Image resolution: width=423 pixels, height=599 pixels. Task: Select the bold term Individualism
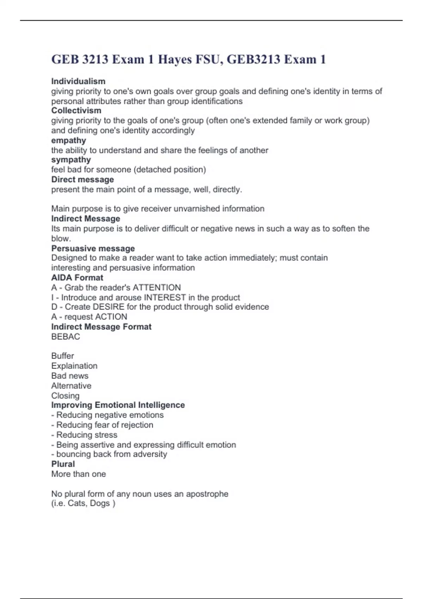[x=78, y=81]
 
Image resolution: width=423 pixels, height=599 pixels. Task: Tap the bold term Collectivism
[x=76, y=111]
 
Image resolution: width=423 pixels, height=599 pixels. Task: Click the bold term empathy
[x=68, y=140]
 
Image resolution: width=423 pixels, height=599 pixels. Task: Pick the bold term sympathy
[x=71, y=160]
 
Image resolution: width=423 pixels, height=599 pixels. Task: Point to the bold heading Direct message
[x=82, y=179]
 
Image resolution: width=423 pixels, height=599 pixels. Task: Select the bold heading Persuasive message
[x=93, y=248]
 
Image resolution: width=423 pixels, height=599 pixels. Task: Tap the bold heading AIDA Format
[x=77, y=278]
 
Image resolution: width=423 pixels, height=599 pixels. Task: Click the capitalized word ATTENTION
[x=157, y=288]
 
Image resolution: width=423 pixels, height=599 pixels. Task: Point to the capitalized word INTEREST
[x=165, y=297]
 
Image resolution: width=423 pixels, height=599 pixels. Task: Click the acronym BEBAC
[x=66, y=336]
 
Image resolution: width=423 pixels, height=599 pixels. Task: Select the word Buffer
[x=62, y=356]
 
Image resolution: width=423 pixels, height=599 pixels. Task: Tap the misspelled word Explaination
[x=74, y=366]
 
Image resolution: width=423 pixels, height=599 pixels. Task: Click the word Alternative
[x=71, y=386]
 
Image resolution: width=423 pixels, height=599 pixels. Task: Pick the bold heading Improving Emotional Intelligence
[x=118, y=405]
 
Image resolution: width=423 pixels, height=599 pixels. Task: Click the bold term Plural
[x=63, y=464]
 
